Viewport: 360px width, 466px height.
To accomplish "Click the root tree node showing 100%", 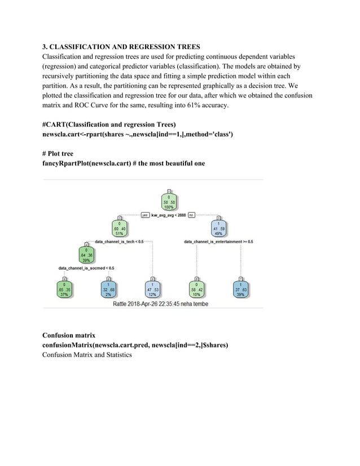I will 169,201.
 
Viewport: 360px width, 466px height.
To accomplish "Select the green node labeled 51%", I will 120,228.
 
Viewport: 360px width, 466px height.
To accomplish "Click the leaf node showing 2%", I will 108,289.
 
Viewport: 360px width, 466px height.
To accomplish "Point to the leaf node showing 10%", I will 196,289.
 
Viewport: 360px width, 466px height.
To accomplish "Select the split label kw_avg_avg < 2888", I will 169,215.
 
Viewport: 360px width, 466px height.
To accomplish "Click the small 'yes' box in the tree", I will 145,215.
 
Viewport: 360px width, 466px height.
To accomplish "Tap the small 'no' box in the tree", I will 191,215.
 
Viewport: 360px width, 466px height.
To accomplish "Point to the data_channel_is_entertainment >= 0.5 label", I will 219,241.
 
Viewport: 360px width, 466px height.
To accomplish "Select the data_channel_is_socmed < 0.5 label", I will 86,267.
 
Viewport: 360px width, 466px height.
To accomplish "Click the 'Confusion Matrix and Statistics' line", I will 87,354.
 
